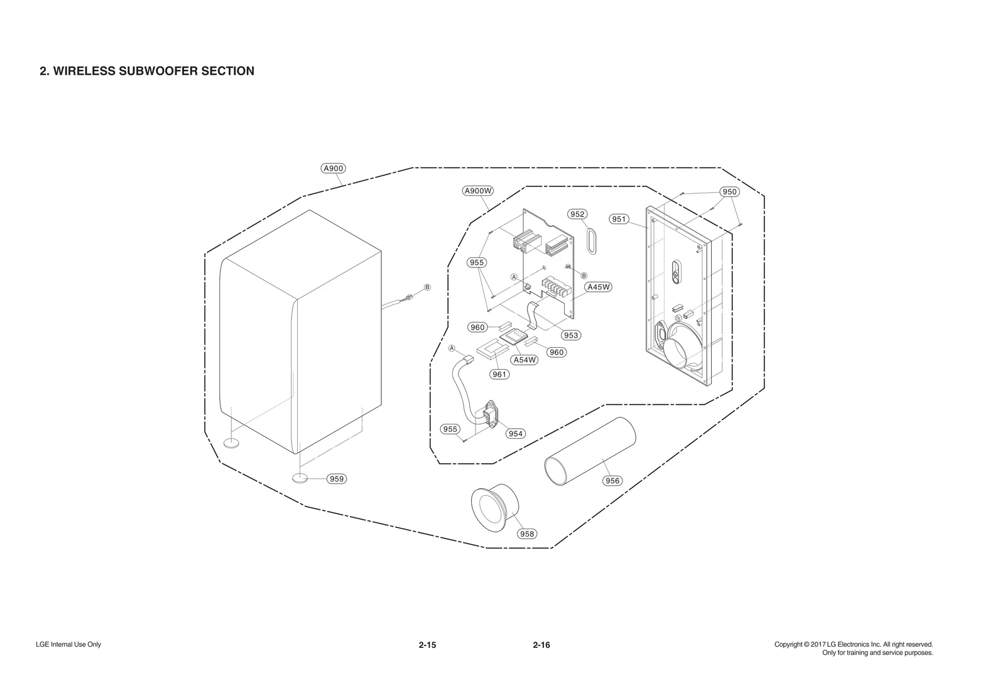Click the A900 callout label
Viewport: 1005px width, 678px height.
332,168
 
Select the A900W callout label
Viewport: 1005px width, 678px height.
478,191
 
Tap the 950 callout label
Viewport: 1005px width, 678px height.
729,191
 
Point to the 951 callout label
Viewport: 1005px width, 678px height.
619,219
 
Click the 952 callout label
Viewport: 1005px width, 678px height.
577,214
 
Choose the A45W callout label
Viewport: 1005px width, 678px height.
598,287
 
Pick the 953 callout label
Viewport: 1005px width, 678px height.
570,335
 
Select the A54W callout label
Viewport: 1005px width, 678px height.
524,360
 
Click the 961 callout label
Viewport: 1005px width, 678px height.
499,374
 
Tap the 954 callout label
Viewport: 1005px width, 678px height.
515,434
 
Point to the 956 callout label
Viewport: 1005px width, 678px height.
611,481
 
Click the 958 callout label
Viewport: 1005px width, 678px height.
526,534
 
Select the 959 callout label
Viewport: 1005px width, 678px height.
337,479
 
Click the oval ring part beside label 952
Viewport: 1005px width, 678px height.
591,240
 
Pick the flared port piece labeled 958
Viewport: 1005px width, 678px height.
496,507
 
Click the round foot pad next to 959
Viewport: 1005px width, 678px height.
300,478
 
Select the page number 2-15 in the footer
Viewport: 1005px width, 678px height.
427,645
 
